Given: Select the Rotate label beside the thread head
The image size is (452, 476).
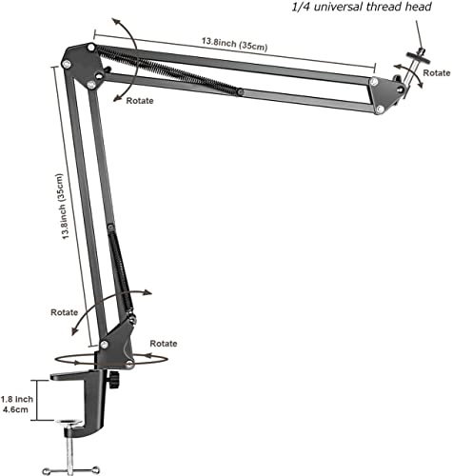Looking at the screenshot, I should coord(437,72).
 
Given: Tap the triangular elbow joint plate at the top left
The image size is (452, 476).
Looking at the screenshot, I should coord(81,65).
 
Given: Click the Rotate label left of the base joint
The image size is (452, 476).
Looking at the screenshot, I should coord(66,311).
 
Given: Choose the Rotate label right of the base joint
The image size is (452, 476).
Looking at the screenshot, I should coord(164,342).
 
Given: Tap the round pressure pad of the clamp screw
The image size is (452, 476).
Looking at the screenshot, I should coord(69,424).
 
